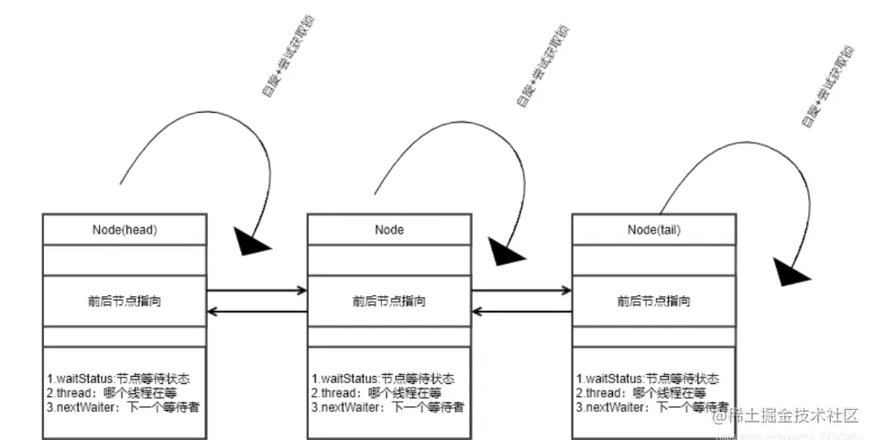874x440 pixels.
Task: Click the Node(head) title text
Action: pyautogui.click(x=126, y=229)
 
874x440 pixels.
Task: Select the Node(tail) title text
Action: pyautogui.click(x=652, y=229)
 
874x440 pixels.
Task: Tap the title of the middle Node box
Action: pyautogui.click(x=389, y=229)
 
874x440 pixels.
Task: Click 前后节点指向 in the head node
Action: pyautogui.click(x=126, y=301)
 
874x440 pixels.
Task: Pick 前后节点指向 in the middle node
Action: pyautogui.click(x=389, y=301)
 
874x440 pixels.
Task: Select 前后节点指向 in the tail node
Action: pyautogui.click(x=653, y=301)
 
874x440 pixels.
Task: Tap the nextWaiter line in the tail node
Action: pyautogui.click(x=652, y=406)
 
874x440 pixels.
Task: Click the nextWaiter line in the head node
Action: pyautogui.click(x=123, y=406)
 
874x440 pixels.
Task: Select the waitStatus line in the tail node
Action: pyautogui.click(x=647, y=379)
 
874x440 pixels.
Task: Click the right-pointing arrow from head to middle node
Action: pyautogui.click(x=257, y=291)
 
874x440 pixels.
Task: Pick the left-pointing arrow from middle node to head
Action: pyautogui.click(x=257, y=312)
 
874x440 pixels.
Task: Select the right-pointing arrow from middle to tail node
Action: pyautogui.click(x=520, y=291)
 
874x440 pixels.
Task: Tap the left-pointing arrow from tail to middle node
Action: pyautogui.click(x=520, y=312)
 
